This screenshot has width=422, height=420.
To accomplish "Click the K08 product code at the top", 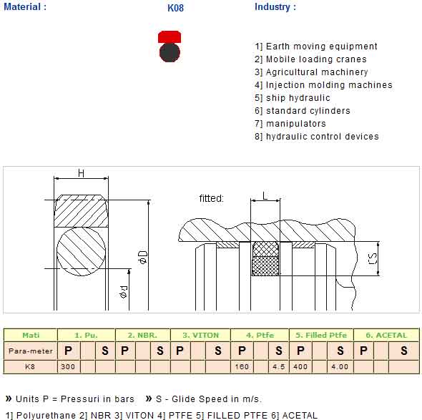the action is (x=175, y=8).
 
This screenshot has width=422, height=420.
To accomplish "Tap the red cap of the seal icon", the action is (x=170, y=37).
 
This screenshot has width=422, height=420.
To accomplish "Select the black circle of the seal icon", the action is (x=170, y=52).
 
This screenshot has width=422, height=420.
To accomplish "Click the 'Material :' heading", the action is (x=25, y=6).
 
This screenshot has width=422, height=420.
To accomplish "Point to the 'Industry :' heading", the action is (x=275, y=6).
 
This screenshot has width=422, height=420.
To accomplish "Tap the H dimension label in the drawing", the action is (x=81, y=173).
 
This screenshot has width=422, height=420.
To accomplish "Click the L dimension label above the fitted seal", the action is (x=265, y=196).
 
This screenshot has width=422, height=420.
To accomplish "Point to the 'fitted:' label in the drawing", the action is (x=211, y=198).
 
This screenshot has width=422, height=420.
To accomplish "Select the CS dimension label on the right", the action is (x=373, y=258).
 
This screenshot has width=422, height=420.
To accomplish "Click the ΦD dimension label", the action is (x=142, y=257).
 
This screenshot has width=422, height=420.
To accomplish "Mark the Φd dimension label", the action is (x=123, y=292).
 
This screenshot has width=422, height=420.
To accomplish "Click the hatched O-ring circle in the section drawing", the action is (x=81, y=251).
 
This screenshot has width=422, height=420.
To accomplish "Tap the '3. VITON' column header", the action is (x=201, y=335).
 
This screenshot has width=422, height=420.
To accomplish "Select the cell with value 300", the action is (x=68, y=366).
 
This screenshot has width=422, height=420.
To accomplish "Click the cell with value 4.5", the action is (x=278, y=366).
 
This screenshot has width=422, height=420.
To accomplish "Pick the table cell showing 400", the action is (x=300, y=366).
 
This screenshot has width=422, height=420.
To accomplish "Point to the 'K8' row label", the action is (x=30, y=366).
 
